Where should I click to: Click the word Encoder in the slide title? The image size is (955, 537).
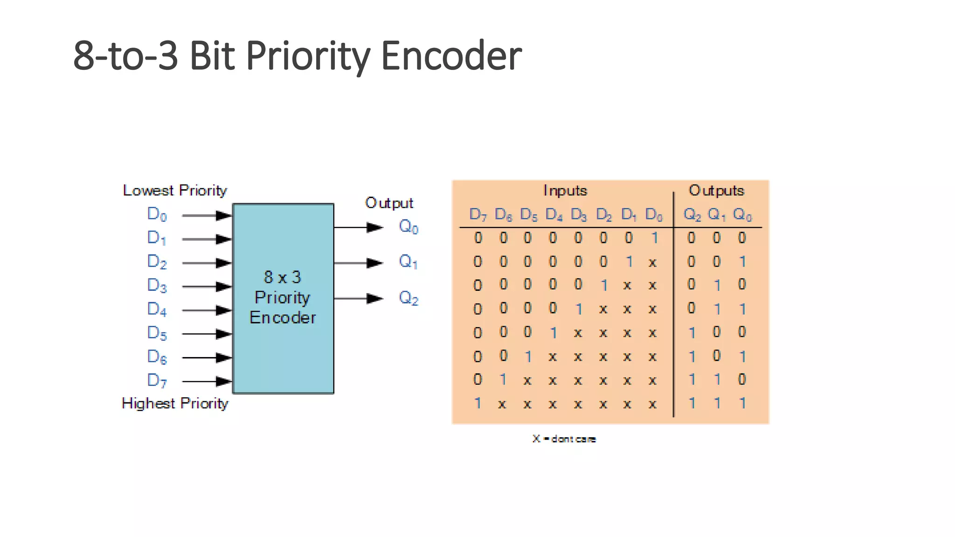tap(451, 56)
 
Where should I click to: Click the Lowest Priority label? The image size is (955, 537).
tap(175, 190)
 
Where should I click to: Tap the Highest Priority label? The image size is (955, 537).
tap(175, 403)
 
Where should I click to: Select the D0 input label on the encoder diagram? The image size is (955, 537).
tap(157, 214)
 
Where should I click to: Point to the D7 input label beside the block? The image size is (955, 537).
tap(157, 380)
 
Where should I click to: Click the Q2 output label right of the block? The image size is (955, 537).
tap(408, 297)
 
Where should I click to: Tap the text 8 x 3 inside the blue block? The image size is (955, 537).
tap(283, 277)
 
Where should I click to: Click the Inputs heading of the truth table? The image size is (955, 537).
tap(565, 190)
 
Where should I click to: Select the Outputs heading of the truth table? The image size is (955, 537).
tap(716, 190)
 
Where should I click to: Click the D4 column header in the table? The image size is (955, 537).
tap(554, 214)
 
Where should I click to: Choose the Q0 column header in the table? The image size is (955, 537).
tap(742, 214)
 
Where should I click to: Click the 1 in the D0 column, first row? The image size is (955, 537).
tap(655, 238)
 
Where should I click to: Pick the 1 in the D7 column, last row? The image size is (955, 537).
tap(477, 403)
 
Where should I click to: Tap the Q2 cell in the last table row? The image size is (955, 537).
tap(692, 403)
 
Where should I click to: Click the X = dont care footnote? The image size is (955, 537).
tap(564, 439)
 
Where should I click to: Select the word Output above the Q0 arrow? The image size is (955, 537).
tap(389, 203)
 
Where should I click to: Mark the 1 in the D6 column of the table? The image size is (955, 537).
tap(503, 379)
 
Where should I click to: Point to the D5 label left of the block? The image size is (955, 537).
tap(157, 333)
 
